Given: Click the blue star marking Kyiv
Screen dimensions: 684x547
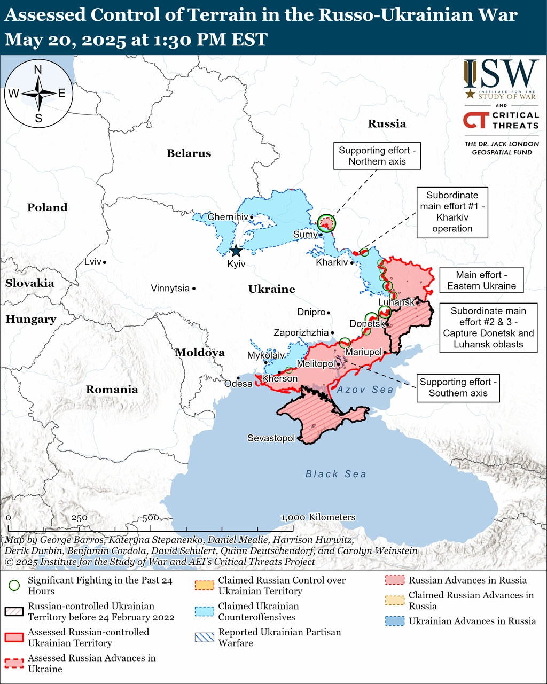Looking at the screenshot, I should tap(236, 251).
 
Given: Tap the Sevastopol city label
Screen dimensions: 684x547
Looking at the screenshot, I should tap(271, 438).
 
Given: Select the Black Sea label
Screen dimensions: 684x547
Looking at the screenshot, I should tap(336, 474).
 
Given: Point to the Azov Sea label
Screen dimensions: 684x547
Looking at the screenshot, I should tap(365, 390).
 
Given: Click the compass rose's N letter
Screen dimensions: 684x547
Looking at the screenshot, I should tap(38, 69).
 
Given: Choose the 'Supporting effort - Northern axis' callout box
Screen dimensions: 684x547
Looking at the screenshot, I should tap(377, 156).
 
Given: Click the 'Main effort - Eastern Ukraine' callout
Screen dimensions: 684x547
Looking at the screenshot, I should tap(481, 281).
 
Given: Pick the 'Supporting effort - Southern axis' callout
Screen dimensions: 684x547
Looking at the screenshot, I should tap(458, 387).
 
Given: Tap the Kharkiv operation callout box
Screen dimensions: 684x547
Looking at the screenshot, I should tap(452, 212).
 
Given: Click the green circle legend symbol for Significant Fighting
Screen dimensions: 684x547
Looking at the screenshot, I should tap(14, 585).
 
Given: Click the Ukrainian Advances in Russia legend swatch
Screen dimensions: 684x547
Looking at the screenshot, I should tap(395, 621).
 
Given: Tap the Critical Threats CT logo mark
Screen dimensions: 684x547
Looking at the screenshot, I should tap(475, 120).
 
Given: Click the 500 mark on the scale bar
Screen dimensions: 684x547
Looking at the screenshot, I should tap(151, 518).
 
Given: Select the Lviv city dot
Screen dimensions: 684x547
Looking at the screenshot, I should tap(105, 262).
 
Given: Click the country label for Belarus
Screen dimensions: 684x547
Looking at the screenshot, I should tap(189, 153).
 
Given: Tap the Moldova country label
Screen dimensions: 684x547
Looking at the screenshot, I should tap(200, 352).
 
